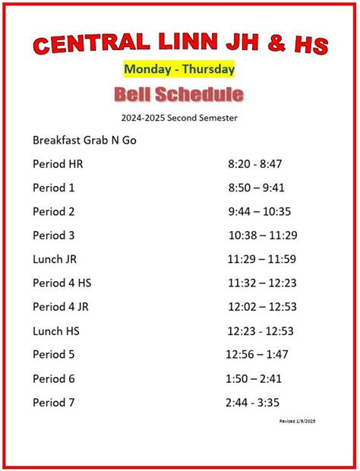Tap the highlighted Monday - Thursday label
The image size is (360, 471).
pos(179,69)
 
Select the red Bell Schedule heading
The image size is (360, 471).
pos(179,94)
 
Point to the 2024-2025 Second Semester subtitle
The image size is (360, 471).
pos(179,118)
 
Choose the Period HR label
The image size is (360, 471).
pos(58,164)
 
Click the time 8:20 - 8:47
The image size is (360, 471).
pos(255,164)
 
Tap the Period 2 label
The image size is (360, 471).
pos(54,211)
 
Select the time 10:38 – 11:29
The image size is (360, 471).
pos(262,235)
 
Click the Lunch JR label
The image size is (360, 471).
pos(55,259)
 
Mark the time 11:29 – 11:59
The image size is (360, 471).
pos(261,259)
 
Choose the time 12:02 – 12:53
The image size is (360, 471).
pos(262,307)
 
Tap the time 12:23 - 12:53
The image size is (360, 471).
pos(261,330)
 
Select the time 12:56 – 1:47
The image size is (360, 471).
pos(257,355)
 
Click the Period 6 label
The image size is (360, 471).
pos(54,378)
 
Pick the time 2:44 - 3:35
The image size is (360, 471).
pos(253,403)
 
